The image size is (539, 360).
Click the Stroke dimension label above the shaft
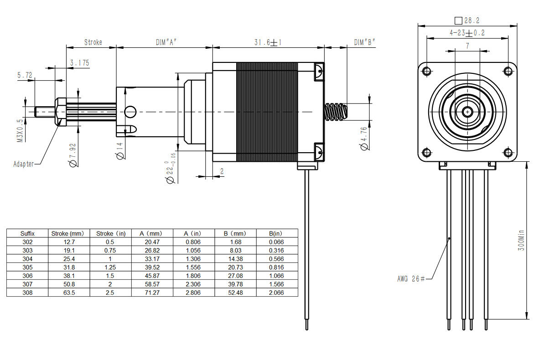pyautogui.click(x=93, y=42)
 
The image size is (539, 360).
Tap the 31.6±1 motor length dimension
pyautogui.click(x=268, y=42)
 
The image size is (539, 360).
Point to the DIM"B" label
pyautogui.click(x=365, y=42)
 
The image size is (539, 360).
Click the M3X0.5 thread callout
pyautogui.click(x=20, y=132)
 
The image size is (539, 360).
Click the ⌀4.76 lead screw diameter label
pyautogui.click(x=363, y=138)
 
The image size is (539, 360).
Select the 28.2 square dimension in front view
pyautogui.click(x=468, y=21)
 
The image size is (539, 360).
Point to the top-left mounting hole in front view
pyautogui.click(x=427, y=71)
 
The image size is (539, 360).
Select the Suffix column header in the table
pyautogui.click(x=27, y=233)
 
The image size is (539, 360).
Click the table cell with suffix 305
pyautogui.click(x=27, y=267)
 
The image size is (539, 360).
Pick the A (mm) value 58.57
pyautogui.click(x=152, y=284)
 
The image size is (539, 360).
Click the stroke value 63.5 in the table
pyautogui.click(x=69, y=293)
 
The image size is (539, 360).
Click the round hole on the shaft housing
pyautogui.click(x=130, y=111)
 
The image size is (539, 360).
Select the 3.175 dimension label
pyautogui.click(x=79, y=63)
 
